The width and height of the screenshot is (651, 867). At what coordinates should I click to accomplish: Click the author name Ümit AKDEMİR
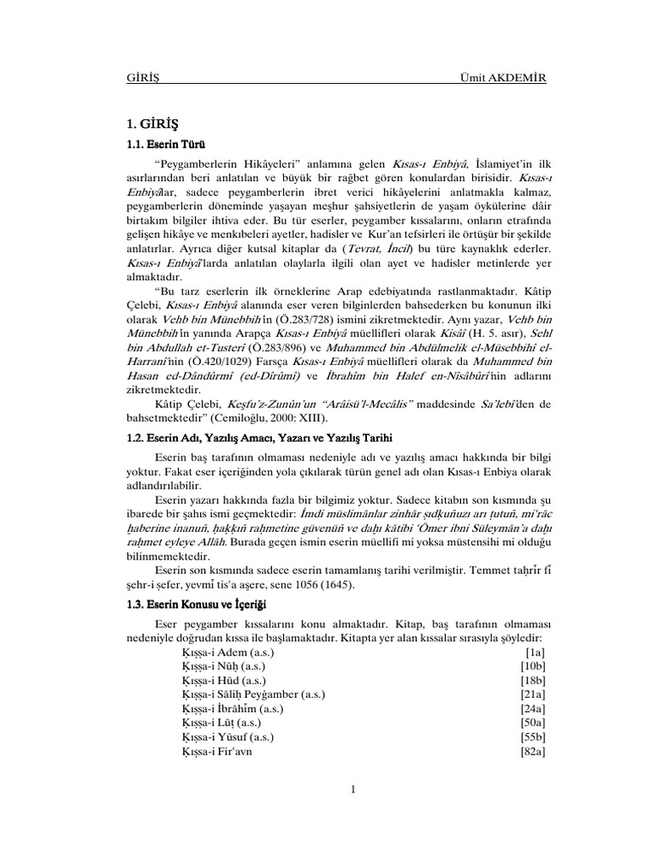coord(502,79)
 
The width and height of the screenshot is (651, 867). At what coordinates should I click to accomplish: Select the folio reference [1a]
coord(534,654)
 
